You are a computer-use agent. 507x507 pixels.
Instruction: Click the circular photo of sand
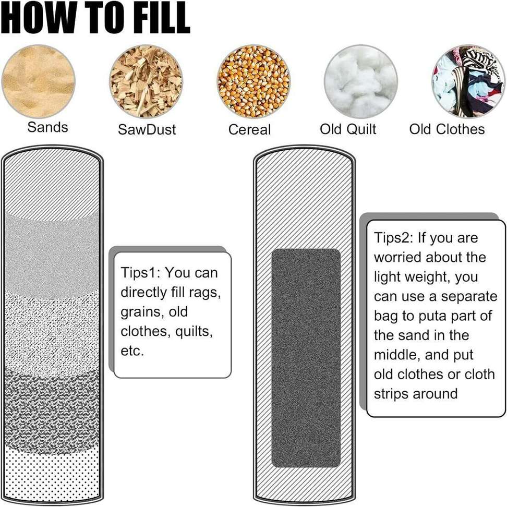click(x=38, y=81)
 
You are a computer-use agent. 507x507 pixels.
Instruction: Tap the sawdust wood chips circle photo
click(x=146, y=81)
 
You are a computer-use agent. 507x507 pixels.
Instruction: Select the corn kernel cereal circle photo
click(x=253, y=81)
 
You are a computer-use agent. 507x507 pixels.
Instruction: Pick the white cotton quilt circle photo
click(x=361, y=81)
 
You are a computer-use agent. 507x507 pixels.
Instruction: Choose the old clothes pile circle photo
click(x=468, y=81)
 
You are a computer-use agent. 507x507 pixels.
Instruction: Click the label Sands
click(x=47, y=127)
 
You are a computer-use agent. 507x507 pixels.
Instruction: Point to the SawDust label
click(x=147, y=129)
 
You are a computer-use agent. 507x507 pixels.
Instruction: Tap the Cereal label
click(x=249, y=129)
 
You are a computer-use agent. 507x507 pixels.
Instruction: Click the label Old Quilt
click(x=348, y=129)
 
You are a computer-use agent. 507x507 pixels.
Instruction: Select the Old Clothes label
click(x=446, y=129)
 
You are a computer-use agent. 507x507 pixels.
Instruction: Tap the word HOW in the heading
click(x=31, y=18)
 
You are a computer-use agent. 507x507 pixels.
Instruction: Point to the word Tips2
click(x=393, y=238)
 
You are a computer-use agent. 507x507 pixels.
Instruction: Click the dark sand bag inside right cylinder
click(x=306, y=357)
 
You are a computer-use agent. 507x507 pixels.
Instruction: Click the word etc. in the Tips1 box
click(x=132, y=351)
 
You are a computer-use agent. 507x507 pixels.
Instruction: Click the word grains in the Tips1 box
click(x=139, y=312)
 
